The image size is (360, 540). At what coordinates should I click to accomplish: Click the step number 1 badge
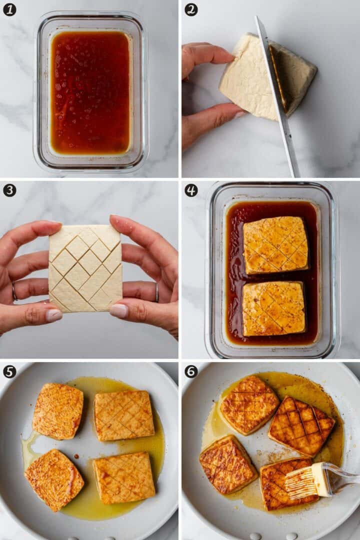click(9, 9)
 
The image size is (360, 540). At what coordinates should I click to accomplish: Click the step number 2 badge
click(191, 9)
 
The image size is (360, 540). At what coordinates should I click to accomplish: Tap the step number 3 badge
click(9, 190)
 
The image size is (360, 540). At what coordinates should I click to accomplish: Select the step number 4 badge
click(191, 190)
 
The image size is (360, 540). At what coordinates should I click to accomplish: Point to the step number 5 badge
click(9, 371)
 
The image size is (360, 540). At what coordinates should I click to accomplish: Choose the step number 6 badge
click(191, 371)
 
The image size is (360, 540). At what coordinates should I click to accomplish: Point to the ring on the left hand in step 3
click(14, 291)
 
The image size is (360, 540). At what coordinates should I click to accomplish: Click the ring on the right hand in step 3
click(156, 292)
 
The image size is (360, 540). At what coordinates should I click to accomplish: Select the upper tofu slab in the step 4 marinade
click(275, 245)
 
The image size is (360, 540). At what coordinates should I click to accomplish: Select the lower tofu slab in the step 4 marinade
click(273, 309)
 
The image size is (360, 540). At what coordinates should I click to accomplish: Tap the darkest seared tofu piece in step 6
click(301, 425)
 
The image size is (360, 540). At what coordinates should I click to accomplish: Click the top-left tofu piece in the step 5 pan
click(58, 411)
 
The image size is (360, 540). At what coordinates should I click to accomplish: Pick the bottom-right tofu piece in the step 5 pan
click(124, 477)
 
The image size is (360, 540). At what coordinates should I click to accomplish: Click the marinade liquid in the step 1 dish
click(90, 92)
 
